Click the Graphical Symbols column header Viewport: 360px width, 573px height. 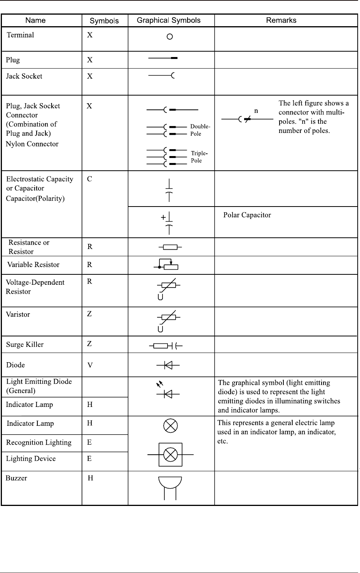pyautogui.click(x=169, y=20)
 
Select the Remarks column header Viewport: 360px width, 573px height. pyautogui.click(x=281, y=20)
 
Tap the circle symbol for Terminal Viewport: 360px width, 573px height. pyautogui.click(x=169, y=37)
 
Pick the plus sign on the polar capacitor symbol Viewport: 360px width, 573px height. pyautogui.click(x=163, y=218)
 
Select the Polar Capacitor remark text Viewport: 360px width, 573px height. pyautogui.click(x=247, y=215)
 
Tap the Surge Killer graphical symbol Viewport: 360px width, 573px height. pyautogui.click(x=166, y=346)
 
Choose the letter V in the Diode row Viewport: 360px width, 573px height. pyautogui.click(x=90, y=365)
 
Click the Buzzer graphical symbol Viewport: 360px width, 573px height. pyautogui.click(x=170, y=488)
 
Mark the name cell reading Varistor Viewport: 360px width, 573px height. pyautogui.click(x=18, y=314)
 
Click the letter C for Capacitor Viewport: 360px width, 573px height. pyautogui.click(x=89, y=179)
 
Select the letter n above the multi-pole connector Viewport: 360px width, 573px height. pyautogui.click(x=256, y=111)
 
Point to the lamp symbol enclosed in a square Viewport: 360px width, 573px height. pyautogui.click(x=170, y=455)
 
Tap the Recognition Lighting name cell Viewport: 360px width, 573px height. pyautogui.click(x=39, y=442)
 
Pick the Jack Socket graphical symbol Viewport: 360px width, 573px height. pyautogui.click(x=162, y=76)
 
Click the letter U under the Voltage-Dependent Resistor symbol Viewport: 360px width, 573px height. pyautogui.click(x=161, y=297)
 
